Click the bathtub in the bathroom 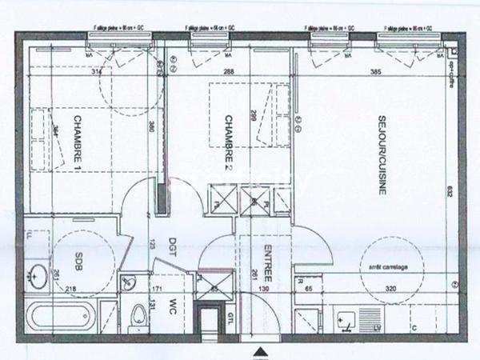(x=61, y=318)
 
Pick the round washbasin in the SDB (x=35, y=276)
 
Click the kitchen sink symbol (x=347, y=318)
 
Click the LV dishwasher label (x=377, y=328)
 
